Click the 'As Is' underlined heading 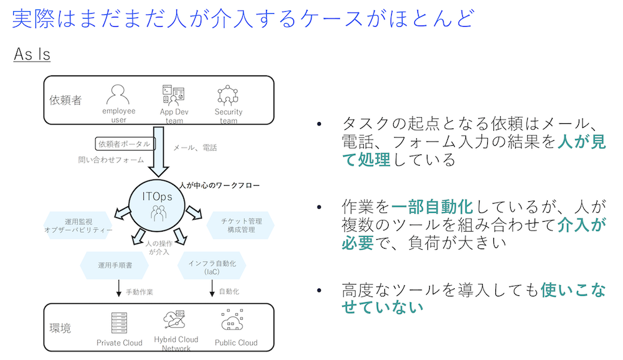32,54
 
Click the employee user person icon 118,95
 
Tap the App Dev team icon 174,95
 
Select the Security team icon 227,95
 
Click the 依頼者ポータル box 125,144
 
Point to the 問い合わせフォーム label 111,159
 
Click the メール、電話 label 195,148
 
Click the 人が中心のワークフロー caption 219,185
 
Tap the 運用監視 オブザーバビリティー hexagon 78,225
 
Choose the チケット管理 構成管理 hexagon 240,225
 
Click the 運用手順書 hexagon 115,265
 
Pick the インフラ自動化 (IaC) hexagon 212,265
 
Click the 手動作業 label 140,292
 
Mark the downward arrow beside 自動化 212,288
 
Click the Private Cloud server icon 119,323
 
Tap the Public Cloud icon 232,320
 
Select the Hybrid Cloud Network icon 174,320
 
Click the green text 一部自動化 432,207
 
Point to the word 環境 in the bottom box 60,328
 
